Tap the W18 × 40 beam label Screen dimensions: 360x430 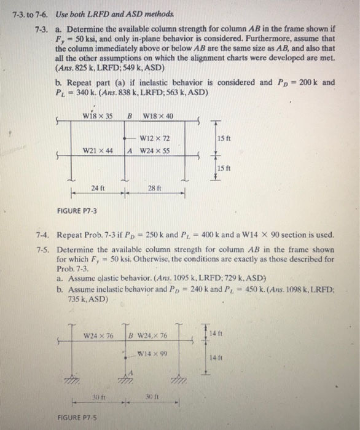point(158,117)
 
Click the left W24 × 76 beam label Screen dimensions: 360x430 point(98,335)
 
